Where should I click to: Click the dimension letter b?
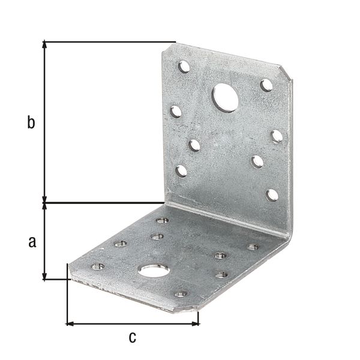(31, 123)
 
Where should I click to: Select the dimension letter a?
(32, 241)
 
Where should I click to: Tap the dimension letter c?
(132, 337)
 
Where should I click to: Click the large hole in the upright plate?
(225, 98)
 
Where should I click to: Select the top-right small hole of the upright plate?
(266, 85)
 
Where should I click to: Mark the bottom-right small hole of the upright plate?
(272, 194)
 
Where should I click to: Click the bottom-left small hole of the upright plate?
(181, 171)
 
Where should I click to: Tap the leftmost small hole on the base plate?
(97, 266)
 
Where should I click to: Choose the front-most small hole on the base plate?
(181, 294)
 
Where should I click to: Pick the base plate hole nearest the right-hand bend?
(253, 247)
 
